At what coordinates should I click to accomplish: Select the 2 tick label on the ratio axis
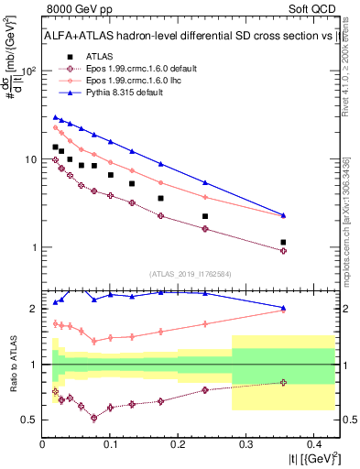click(34, 309)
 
